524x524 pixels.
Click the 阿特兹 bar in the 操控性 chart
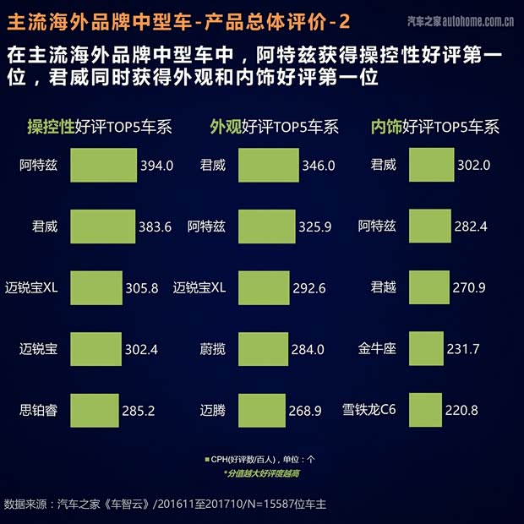click(103, 165)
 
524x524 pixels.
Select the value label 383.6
click(156, 227)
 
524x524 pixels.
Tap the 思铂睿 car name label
click(38, 411)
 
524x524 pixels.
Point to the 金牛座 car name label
click(377, 349)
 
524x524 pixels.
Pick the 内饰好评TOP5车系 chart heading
click(434, 128)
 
